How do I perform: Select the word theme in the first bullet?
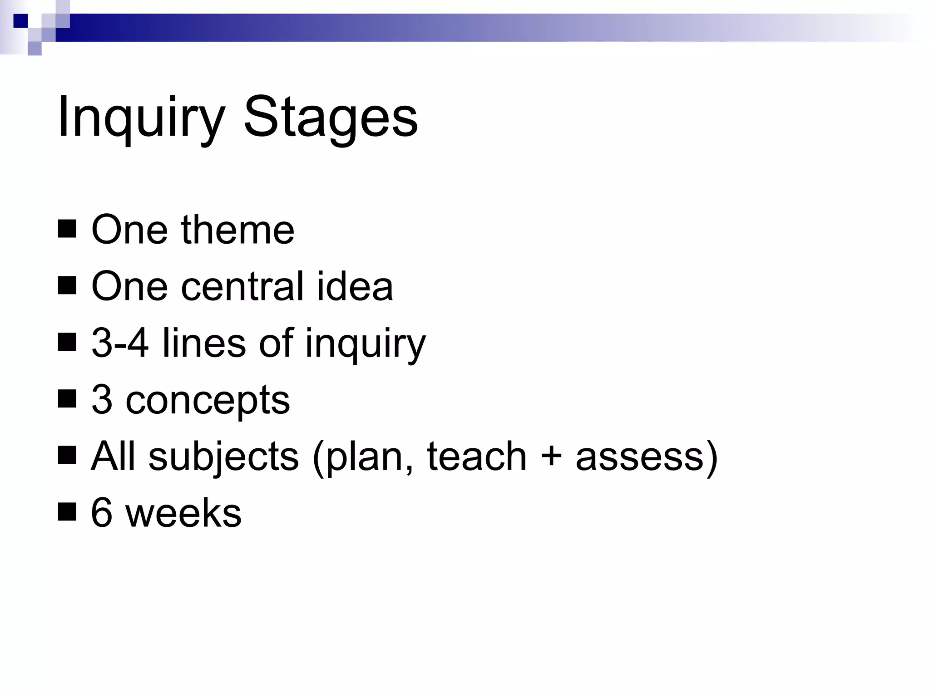tap(237, 230)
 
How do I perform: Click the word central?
tap(242, 286)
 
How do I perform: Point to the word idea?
tap(355, 286)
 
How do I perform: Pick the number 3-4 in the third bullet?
tap(120, 343)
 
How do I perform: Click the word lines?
tap(204, 343)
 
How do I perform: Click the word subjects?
tap(223, 457)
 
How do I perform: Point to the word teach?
tap(476, 456)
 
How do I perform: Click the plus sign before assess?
tap(551, 457)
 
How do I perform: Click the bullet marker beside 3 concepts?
tap(67, 400)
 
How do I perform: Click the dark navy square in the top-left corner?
tap(20, 21)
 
